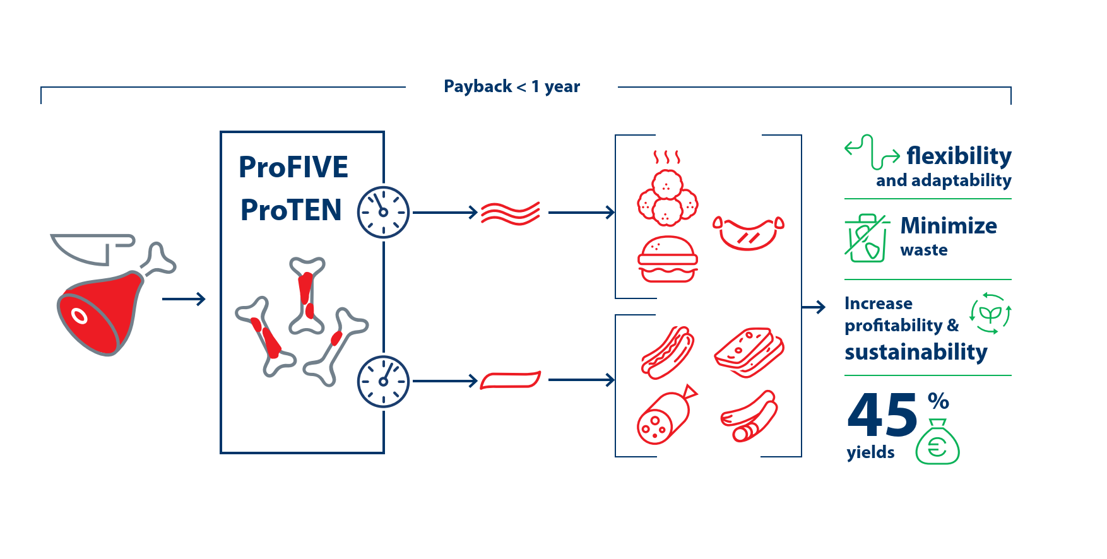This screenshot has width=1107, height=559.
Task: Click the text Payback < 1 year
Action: pos(511,86)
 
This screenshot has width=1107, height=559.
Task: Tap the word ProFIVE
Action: pos(293,167)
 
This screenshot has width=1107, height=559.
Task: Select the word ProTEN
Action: pos(291,210)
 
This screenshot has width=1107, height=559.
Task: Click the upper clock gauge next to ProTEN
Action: pos(383,212)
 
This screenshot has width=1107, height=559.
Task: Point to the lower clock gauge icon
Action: pos(383,381)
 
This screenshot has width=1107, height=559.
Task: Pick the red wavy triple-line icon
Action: pos(511,213)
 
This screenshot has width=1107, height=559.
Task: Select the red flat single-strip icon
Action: pos(511,380)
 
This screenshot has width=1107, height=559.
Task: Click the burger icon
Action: pos(668,259)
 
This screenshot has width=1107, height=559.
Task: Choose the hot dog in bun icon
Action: pos(667,351)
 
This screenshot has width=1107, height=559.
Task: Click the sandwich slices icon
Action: pos(749,351)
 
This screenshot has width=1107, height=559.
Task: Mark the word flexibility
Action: pos(959,156)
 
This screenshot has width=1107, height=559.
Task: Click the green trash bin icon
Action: pos(866,238)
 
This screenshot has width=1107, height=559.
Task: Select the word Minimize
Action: pos(949,226)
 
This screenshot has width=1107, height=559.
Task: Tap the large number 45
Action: pos(882,415)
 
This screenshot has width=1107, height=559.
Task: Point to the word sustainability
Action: pos(916,352)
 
